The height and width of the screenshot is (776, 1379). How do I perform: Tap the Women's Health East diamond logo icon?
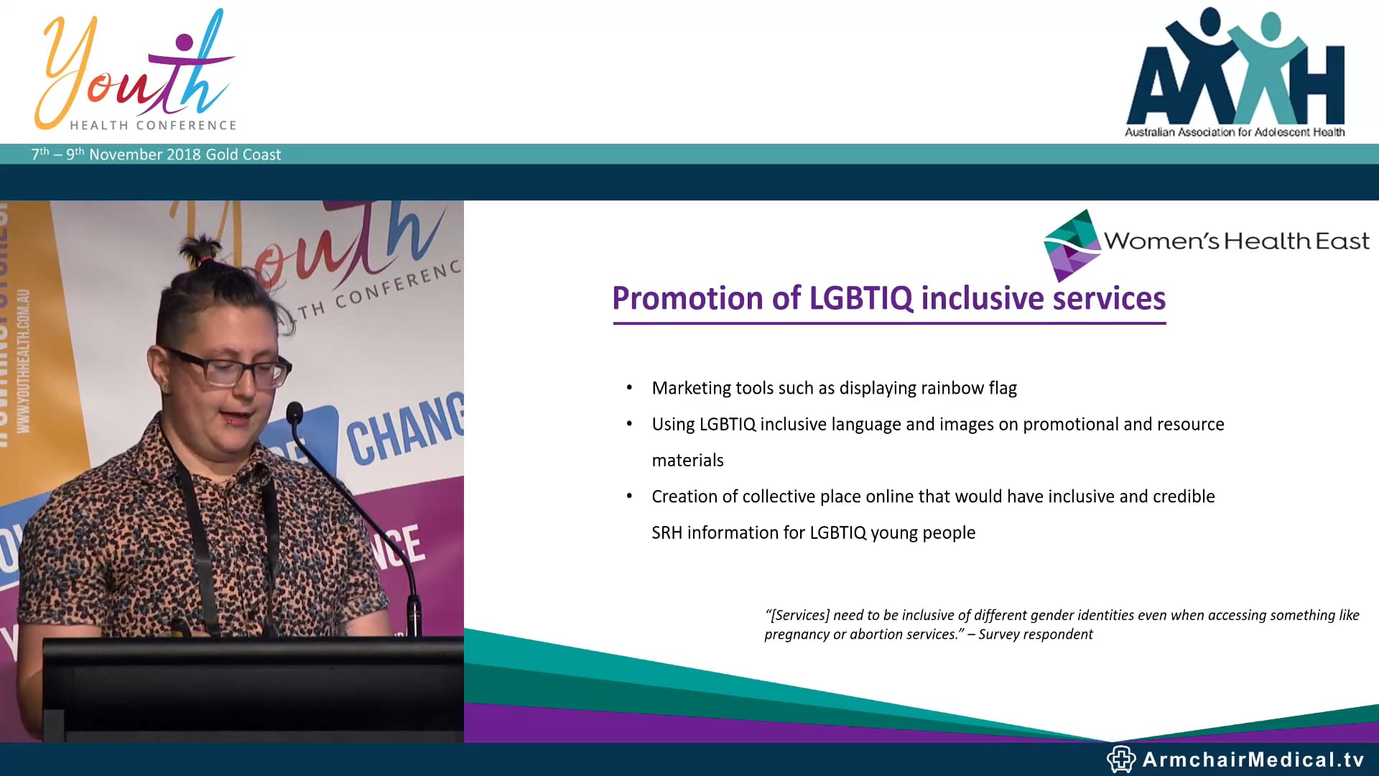pos(1071,245)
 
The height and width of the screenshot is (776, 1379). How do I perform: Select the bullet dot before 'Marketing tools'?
pos(629,388)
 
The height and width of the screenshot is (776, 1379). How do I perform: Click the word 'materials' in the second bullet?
pos(687,461)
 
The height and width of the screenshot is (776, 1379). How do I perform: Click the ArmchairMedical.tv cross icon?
pos(1120,759)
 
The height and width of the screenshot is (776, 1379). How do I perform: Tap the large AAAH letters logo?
pos(1235,72)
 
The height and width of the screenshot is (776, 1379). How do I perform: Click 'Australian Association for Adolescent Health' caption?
pos(1235,132)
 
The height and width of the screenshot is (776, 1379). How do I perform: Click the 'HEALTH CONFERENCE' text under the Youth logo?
pos(153,125)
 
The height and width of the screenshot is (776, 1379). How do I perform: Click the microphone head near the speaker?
pos(294,412)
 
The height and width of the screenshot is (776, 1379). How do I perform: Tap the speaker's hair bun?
pos(202,249)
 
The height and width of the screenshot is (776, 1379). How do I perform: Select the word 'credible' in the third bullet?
pos(1183,496)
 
